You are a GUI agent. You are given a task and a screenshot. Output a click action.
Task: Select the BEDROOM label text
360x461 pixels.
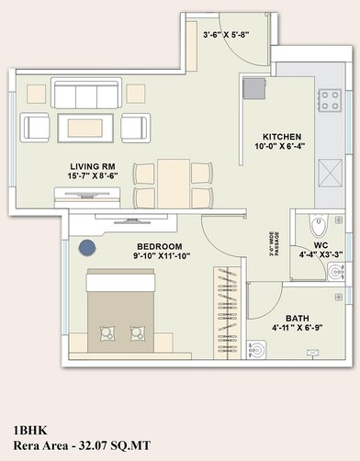tap(160, 247)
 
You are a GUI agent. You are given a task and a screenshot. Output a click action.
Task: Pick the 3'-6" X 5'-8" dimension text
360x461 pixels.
tap(226, 36)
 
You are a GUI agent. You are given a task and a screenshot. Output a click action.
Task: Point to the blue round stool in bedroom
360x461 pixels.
tap(87, 247)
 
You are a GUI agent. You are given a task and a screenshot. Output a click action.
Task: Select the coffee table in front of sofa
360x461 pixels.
tap(86, 126)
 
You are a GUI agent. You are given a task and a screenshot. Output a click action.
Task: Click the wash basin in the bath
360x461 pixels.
tap(259, 349)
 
